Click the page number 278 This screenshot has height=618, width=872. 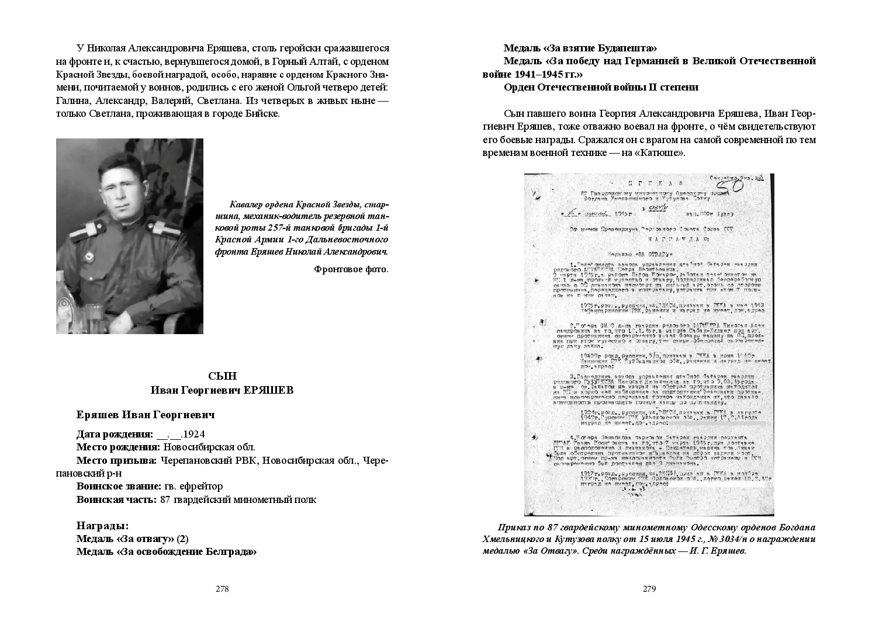pyautogui.click(x=222, y=589)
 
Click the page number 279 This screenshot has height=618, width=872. pyautogui.click(x=649, y=589)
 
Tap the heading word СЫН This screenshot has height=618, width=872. pyautogui.click(x=222, y=376)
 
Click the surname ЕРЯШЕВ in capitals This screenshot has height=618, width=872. pyautogui.click(x=268, y=390)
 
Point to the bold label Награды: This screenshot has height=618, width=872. pyautogui.click(x=103, y=526)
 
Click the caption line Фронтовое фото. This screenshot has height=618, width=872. pyautogui.click(x=351, y=269)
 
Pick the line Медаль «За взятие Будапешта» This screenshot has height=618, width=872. pyautogui.click(x=580, y=48)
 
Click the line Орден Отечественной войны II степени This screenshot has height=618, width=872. pyautogui.click(x=601, y=87)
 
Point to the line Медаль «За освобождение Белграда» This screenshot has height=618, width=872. pyautogui.click(x=167, y=551)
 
